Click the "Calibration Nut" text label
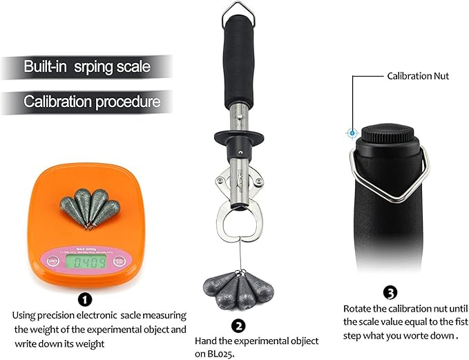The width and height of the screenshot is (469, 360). tap(419, 76)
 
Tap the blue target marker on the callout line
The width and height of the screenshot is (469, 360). tap(352, 132)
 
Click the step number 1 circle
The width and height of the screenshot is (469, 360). tap(84, 299)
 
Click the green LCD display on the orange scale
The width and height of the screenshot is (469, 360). tap(86, 262)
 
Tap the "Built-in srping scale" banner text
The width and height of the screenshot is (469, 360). tap(87, 67)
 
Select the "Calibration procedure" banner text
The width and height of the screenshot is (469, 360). tap(92, 102)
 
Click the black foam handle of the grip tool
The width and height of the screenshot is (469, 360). tap(242, 59)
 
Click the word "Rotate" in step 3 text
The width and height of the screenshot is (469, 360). tap(358, 308)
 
